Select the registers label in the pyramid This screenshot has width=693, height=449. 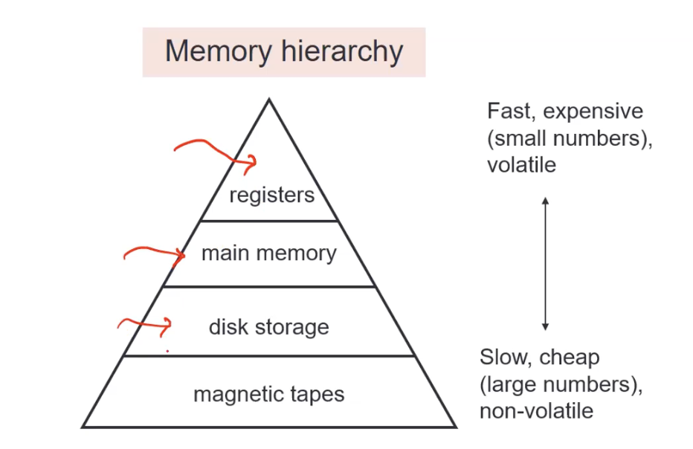tap(271, 196)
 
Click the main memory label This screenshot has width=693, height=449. tap(268, 253)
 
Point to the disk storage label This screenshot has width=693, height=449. tap(268, 327)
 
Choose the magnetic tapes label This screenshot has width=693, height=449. tap(268, 394)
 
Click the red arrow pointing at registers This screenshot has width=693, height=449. tap(216, 152)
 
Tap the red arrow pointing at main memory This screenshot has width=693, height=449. tap(155, 255)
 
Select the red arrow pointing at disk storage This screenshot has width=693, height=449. tap(146, 323)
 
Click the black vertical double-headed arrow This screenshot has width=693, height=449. tap(545, 264)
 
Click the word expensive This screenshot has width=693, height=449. tap(593, 112)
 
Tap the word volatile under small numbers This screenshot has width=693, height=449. tap(521, 164)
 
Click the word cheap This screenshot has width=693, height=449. tap(569, 358)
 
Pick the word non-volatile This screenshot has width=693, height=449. tap(536, 411)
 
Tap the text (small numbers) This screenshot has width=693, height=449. tap(570, 138)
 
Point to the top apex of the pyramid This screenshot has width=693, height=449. tap(269, 100)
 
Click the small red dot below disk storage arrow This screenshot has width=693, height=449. tap(167, 350)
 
